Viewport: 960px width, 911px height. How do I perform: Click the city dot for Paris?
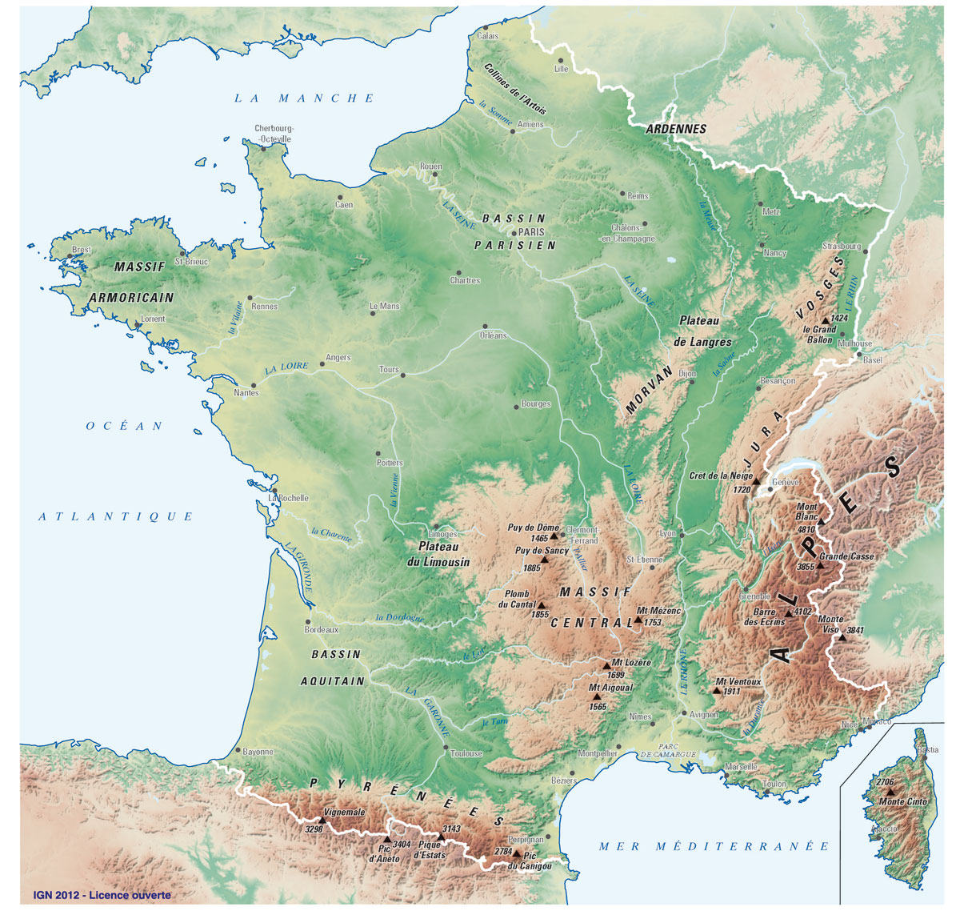pos(514,233)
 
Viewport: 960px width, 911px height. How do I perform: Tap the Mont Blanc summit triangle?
pos(821,522)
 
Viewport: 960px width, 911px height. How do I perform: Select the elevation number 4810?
pos(806,529)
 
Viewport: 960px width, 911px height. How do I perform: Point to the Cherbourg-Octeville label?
pos(273,133)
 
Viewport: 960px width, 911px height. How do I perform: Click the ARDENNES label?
pos(676,129)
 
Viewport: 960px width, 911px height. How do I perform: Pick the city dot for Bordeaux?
pos(308,621)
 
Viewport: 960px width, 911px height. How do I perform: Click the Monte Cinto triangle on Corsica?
pos(890,792)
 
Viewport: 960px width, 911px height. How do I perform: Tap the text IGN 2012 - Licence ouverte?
pos(102,894)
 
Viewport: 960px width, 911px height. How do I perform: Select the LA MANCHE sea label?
pos(304,98)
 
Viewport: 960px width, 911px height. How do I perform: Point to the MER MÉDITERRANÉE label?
pos(714,846)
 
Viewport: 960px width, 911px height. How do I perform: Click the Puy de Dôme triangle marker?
pos(554,536)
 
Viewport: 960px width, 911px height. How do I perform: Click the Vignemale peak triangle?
pos(322,821)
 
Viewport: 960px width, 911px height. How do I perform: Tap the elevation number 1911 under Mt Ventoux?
pos(731,691)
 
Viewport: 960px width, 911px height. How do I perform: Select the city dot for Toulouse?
pos(446,748)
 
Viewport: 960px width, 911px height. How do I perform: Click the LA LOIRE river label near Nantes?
pos(287,370)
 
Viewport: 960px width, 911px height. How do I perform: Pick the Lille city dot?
pos(561,60)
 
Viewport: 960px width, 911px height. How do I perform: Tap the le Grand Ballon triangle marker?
pos(825,319)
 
